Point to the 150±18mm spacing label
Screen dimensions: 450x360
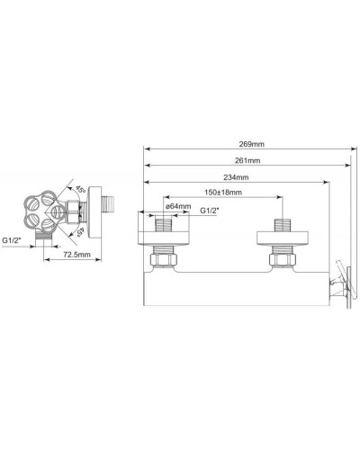coord(220,193)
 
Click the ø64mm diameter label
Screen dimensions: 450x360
coord(178,207)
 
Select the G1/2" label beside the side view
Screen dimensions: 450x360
coord(13,241)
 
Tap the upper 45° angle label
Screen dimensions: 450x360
coord(80,190)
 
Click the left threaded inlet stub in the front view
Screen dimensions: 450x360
coord(166,225)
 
